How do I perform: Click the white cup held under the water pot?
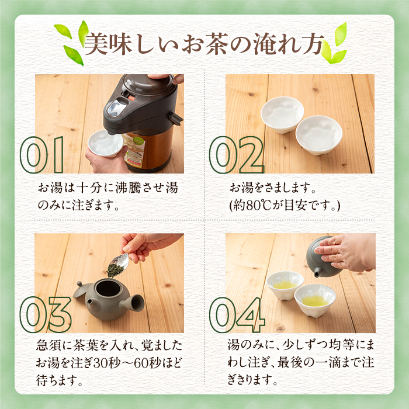tap(105, 143)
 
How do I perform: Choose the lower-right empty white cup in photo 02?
tap(318, 134)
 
